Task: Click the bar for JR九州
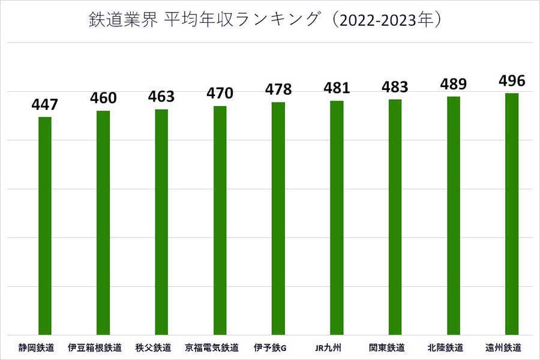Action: pyautogui.click(x=337, y=217)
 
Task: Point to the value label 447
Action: pyautogui.click(x=45, y=105)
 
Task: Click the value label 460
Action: pyautogui.click(x=103, y=98)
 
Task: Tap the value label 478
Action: pyautogui.click(x=278, y=90)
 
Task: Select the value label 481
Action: pyautogui.click(x=337, y=88)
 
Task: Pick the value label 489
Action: pyautogui.click(x=453, y=84)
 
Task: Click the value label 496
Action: pyautogui.click(x=511, y=81)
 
